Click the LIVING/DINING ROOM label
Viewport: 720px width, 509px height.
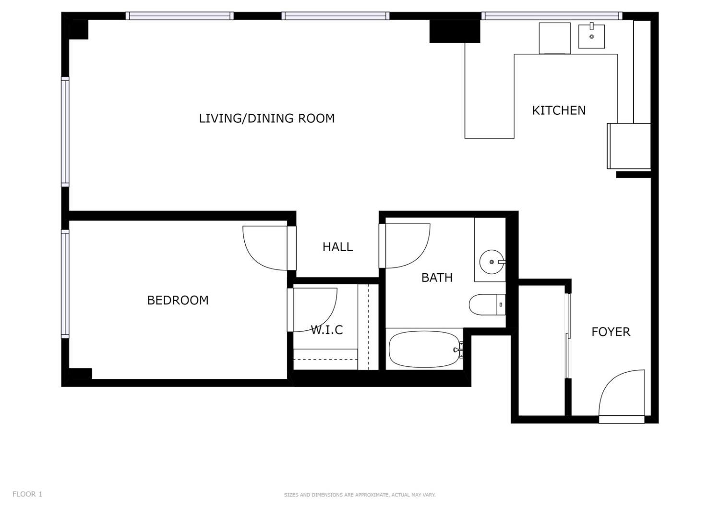[x=267, y=118]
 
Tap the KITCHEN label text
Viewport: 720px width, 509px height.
[x=559, y=110]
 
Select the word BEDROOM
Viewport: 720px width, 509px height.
[x=178, y=300]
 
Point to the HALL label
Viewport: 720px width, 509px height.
[x=337, y=247]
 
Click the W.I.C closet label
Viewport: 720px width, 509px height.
[x=326, y=330]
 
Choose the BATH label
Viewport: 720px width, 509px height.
[x=437, y=278]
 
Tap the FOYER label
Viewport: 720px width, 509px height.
[x=611, y=332]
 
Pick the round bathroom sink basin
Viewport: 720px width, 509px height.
[x=491, y=262]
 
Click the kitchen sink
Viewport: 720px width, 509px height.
[x=591, y=36]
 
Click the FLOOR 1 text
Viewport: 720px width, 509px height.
[x=27, y=494]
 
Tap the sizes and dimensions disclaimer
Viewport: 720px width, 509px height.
[x=360, y=495]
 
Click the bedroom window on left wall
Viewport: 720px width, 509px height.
[x=65, y=283]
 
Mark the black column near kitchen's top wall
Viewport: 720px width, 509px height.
[x=454, y=31]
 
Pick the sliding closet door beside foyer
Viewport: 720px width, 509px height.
[x=568, y=336]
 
